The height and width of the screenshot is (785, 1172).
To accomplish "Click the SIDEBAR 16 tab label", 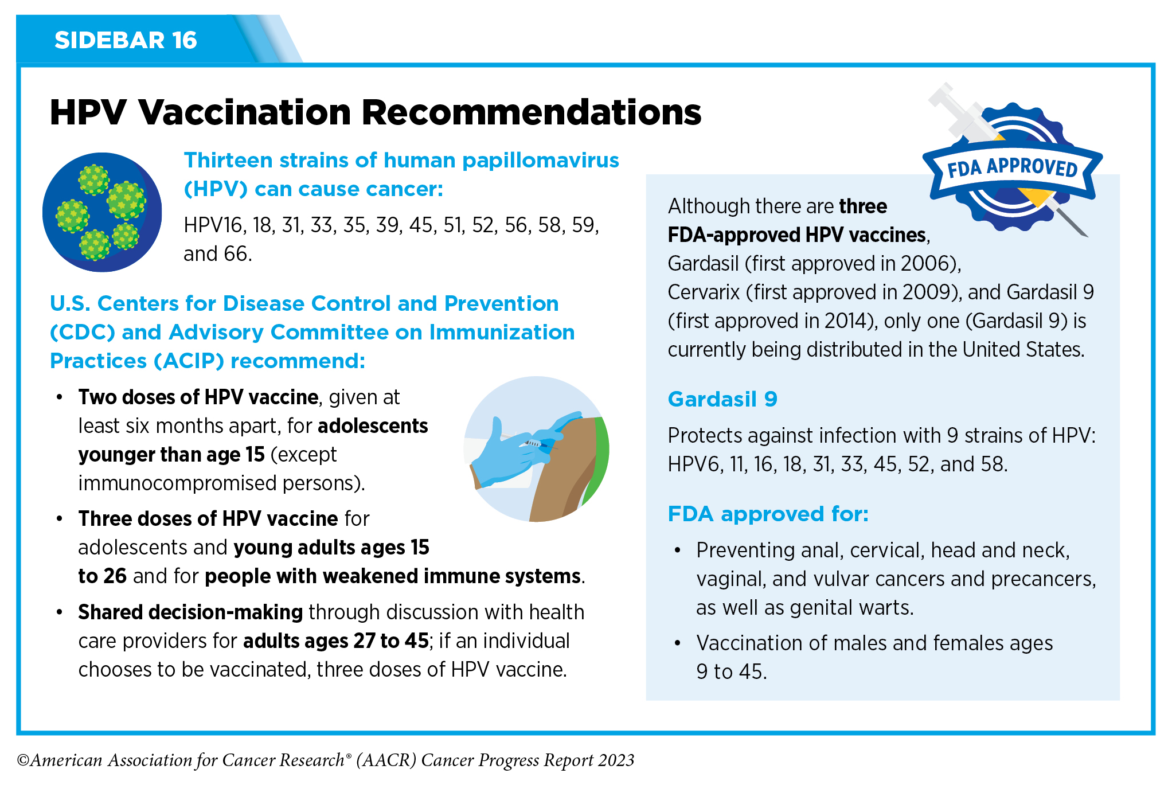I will point(126,40).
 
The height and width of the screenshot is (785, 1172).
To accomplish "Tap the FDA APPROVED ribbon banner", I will point(1012,168).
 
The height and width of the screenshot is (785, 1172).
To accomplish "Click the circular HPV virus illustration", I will point(102,212).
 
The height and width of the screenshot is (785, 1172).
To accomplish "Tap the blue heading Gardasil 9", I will point(722,399).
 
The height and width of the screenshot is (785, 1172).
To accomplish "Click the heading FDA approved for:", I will point(768,514).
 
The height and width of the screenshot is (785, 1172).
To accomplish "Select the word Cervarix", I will point(704,292).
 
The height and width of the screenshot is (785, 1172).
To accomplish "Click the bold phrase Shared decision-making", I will point(190,612).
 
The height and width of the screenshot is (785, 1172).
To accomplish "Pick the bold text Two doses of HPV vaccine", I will point(198,397).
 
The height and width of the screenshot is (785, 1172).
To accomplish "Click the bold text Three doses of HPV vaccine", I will point(208,519).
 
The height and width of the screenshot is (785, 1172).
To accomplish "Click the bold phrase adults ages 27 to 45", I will point(336,641).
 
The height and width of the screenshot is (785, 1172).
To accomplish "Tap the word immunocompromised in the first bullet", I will point(177,483).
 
